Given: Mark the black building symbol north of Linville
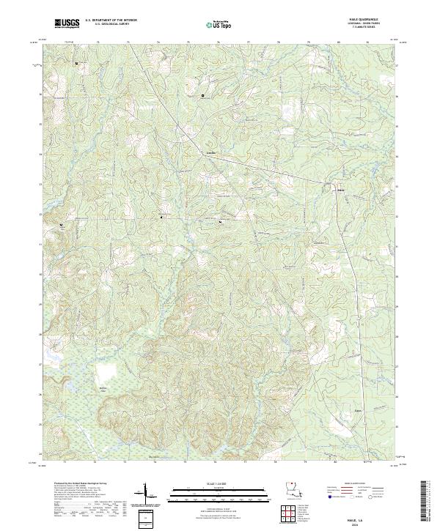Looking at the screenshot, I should [203, 95].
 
